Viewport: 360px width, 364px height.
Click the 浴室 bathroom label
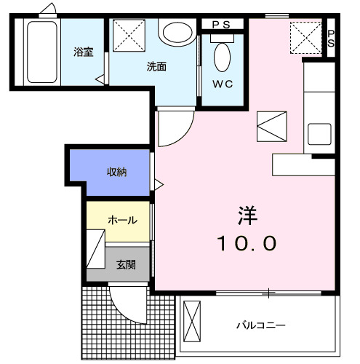pyautogui.click(x=83, y=52)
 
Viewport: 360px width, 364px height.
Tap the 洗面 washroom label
pyautogui.click(x=156, y=66)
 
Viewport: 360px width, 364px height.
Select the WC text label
pyautogui.click(x=222, y=84)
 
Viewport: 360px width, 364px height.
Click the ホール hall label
pyautogui.click(x=122, y=219)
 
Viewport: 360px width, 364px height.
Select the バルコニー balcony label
pyautogui.click(x=260, y=325)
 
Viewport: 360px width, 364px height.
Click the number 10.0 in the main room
pyautogui.click(x=248, y=243)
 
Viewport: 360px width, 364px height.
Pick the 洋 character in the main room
pyautogui.click(x=248, y=215)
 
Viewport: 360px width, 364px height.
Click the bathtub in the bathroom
pyautogui.click(x=42, y=52)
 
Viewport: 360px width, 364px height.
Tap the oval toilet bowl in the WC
pyautogui.click(x=222, y=57)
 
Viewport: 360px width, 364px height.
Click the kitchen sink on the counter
pyautogui.click(x=320, y=134)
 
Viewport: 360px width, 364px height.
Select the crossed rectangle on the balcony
pyautogui.click(x=191, y=320)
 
